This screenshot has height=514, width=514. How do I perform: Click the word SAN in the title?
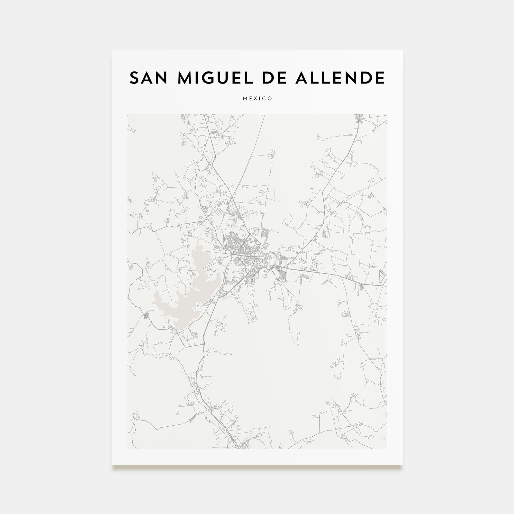149,78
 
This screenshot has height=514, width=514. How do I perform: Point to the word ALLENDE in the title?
340,78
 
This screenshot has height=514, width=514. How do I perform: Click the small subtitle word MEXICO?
257,99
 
